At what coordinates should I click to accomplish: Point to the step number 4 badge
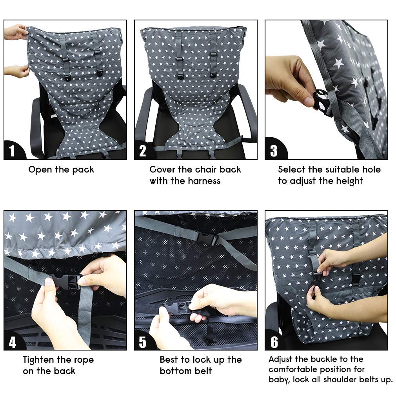pos(13,342)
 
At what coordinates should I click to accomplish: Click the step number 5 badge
pos(143,342)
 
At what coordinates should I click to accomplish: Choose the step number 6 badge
pos(274,342)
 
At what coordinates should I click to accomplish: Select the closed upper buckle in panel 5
pos(206,238)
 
